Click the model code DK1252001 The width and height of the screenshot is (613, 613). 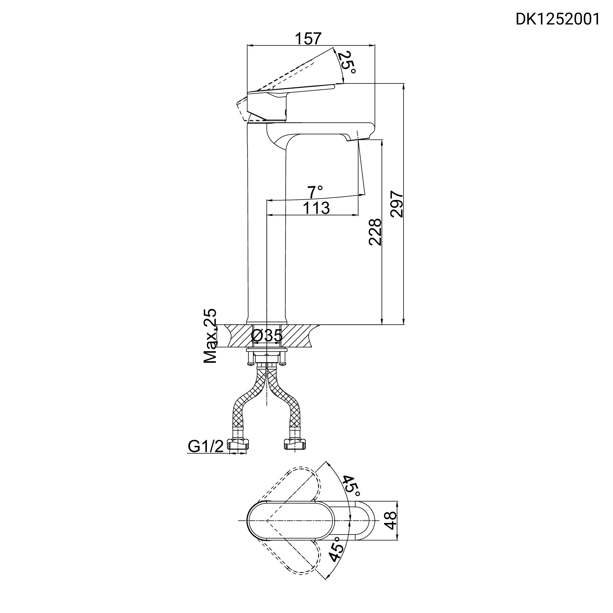pos(557,20)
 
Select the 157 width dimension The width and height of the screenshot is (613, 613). pos(308,38)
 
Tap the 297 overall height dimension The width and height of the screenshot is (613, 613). pos(397,204)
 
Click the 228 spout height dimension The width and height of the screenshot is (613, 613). pos(375,232)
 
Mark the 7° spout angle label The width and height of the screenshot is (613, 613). pos(315,192)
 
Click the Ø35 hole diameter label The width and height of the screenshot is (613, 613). pos(267,336)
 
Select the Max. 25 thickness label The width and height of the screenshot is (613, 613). pos(210,336)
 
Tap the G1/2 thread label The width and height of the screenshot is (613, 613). pos(206,446)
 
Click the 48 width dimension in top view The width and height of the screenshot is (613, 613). pos(391,520)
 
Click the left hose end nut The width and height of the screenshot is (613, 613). pos(239,445)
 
